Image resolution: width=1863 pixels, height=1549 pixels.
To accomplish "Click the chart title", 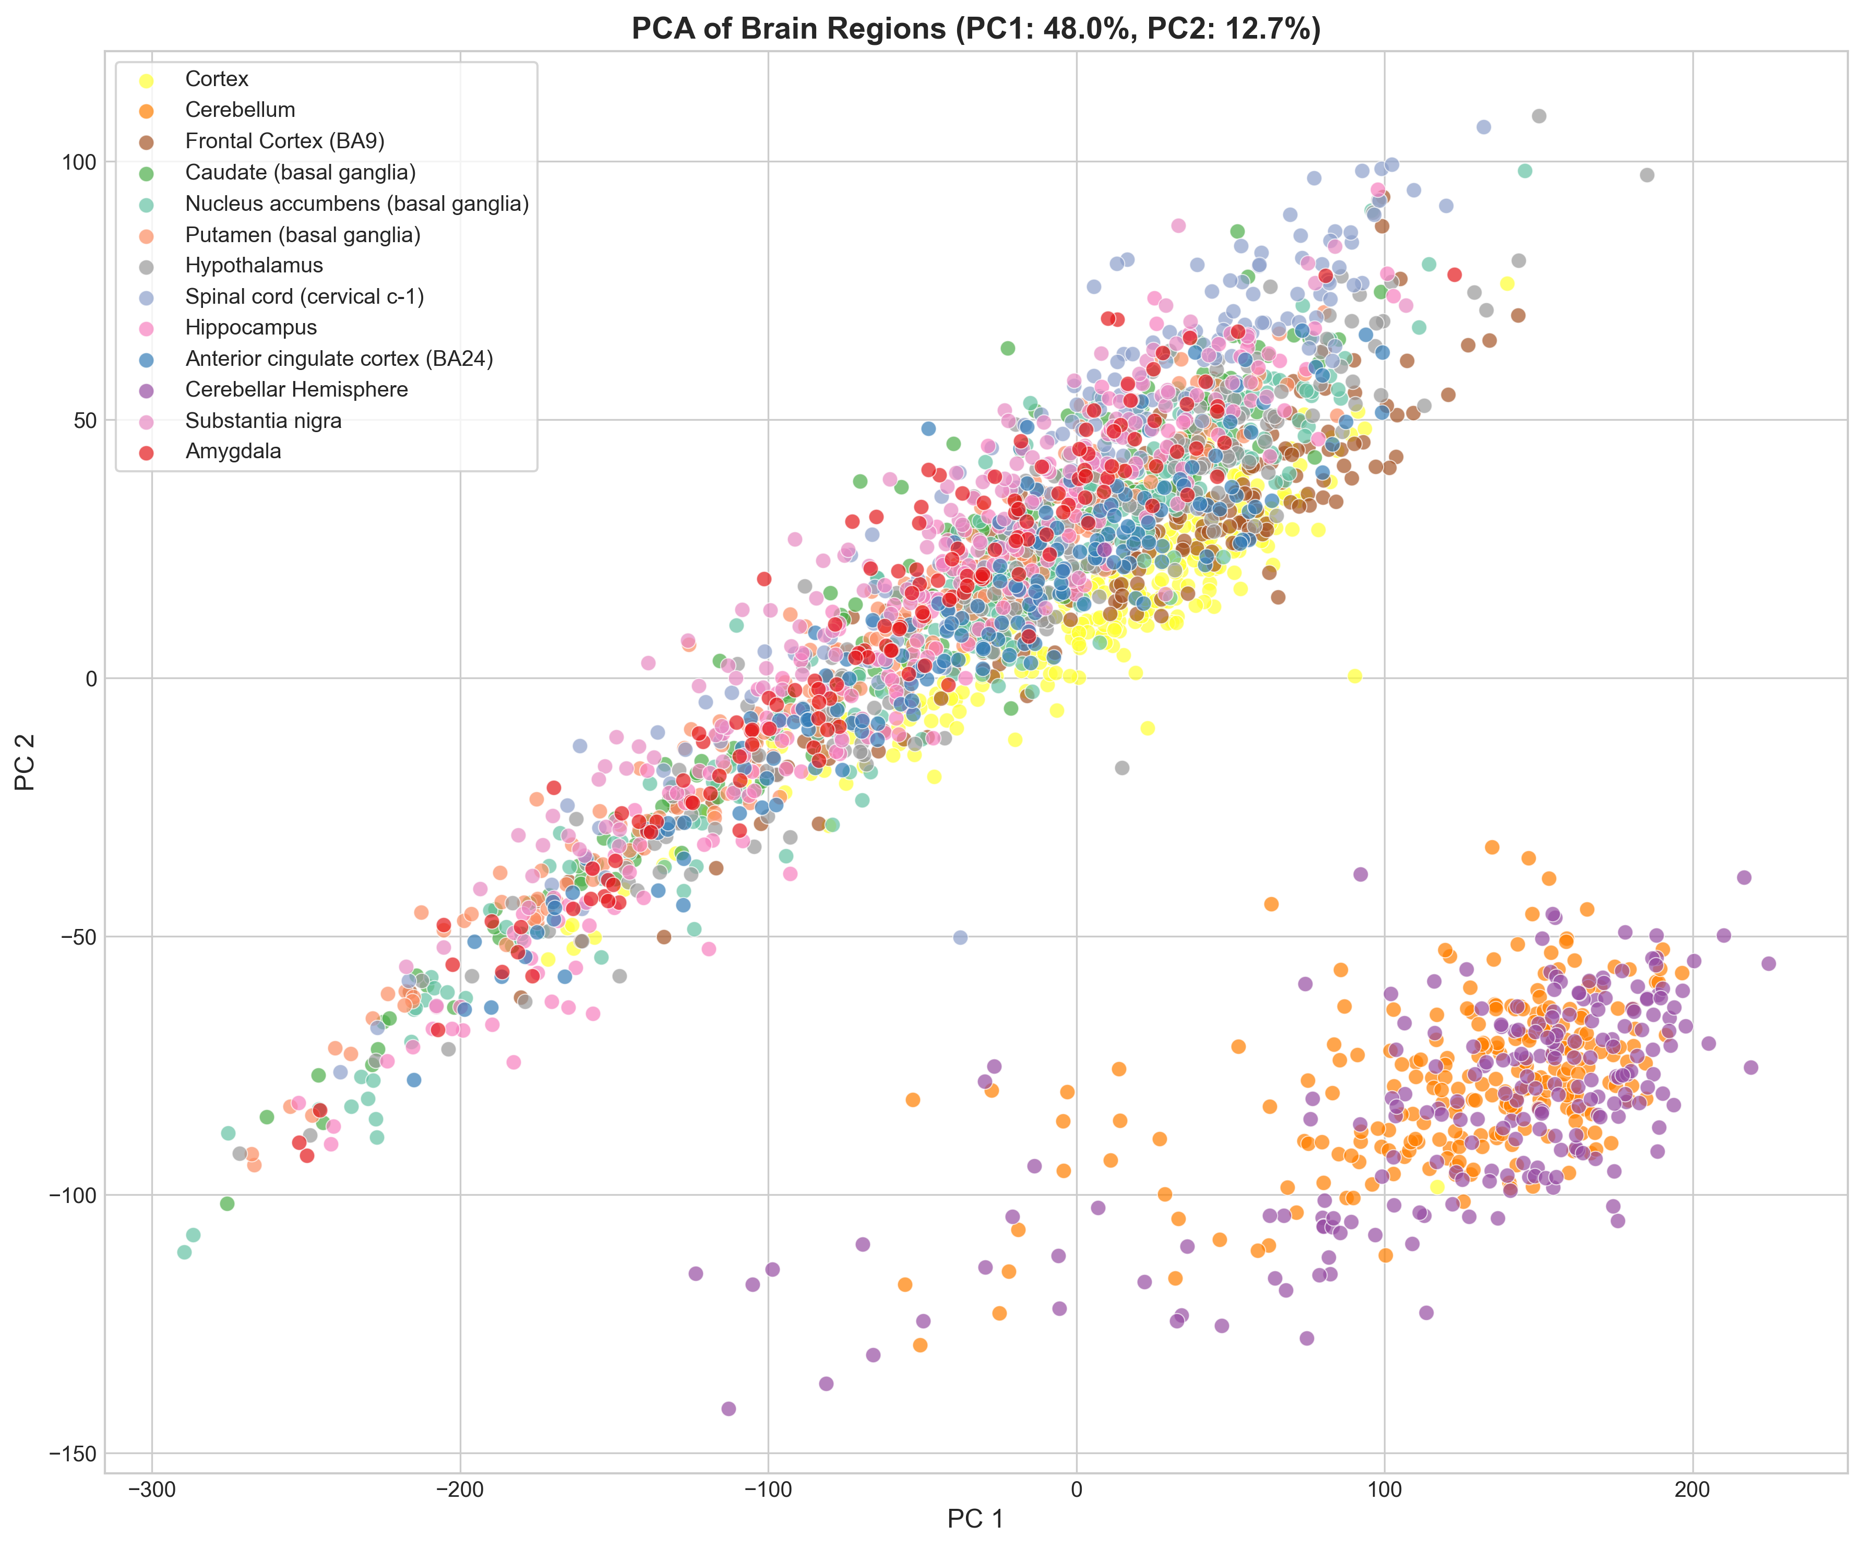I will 976,29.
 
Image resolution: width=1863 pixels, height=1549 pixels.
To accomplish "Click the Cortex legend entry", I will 217,79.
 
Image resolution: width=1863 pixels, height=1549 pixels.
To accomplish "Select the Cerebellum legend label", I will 240,110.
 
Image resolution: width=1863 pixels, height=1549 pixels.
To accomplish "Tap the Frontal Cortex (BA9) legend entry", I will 284,141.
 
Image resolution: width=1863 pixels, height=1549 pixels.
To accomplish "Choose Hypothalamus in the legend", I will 254,265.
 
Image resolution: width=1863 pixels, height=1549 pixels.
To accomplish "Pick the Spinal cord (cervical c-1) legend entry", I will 304,296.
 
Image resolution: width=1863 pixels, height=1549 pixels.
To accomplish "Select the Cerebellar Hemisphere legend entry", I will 296,389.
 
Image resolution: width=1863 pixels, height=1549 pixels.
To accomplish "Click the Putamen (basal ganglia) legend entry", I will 303,234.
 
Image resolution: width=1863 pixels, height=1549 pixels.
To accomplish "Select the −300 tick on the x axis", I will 152,1488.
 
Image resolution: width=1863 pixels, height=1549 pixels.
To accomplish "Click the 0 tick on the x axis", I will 1076,1488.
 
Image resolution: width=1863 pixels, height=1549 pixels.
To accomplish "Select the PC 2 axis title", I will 26,762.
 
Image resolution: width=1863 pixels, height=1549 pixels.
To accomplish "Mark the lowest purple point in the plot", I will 729,1409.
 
